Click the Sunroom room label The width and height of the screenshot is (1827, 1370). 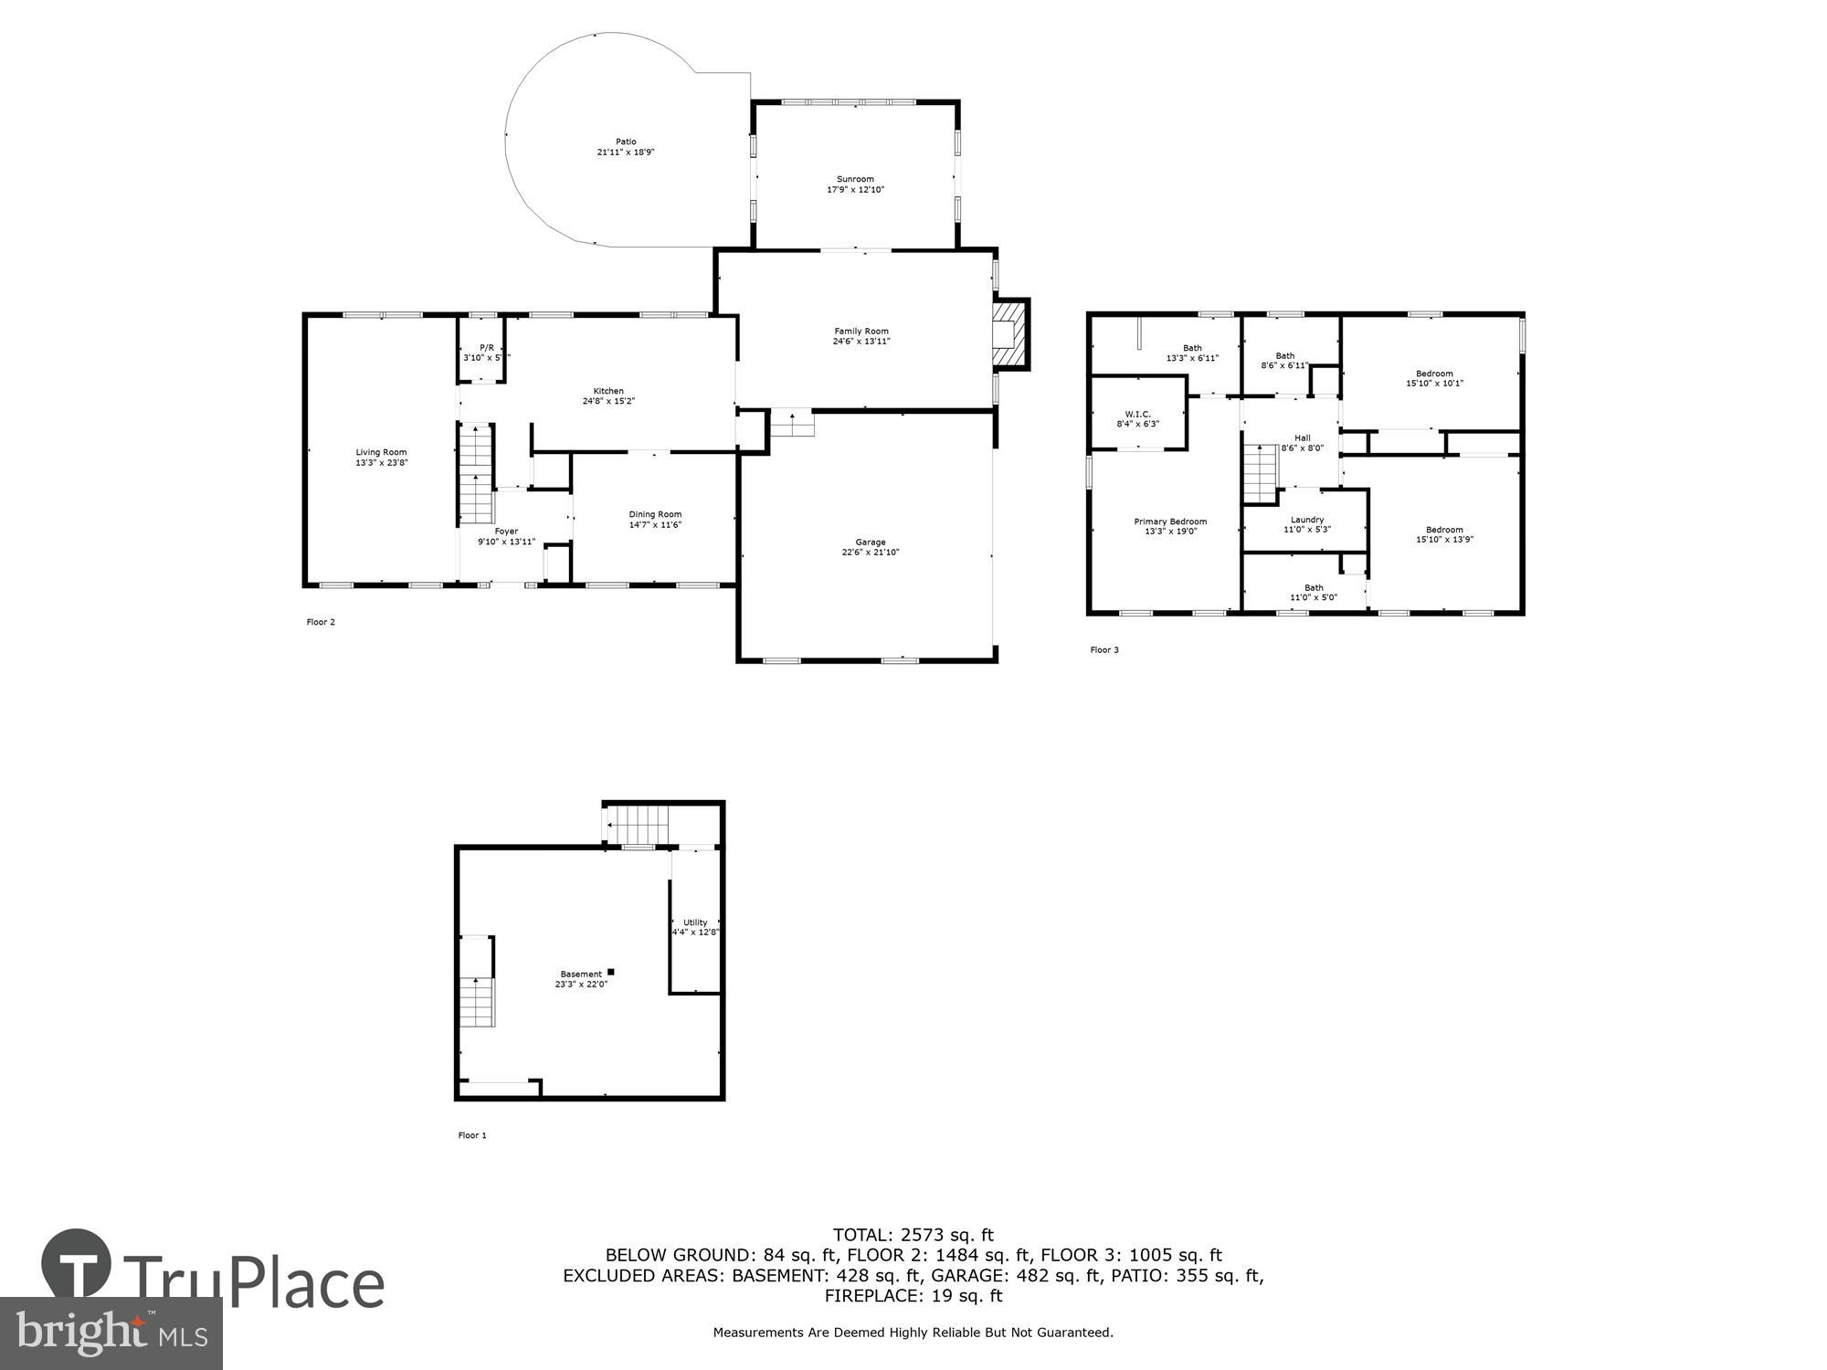pyautogui.click(x=855, y=179)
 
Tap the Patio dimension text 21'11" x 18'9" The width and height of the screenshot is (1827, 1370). pyautogui.click(x=626, y=153)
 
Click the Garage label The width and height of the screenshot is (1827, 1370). pyautogui.click(x=870, y=543)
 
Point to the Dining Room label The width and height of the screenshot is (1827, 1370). pyautogui.click(x=655, y=514)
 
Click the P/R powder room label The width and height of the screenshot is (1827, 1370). pyautogui.click(x=486, y=347)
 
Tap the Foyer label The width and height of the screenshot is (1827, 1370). pyautogui.click(x=506, y=532)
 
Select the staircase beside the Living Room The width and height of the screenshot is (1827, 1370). pyautogui.click(x=476, y=472)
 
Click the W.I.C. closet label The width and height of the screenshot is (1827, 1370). pyautogui.click(x=1137, y=414)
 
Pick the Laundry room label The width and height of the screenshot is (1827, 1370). pyautogui.click(x=1306, y=520)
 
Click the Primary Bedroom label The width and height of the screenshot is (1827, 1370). pyautogui.click(x=1170, y=522)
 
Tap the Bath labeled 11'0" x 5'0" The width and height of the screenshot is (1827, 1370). pyautogui.click(x=1313, y=593)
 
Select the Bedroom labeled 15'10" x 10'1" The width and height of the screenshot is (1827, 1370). pyautogui.click(x=1434, y=378)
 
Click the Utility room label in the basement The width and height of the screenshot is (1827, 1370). pyautogui.click(x=695, y=922)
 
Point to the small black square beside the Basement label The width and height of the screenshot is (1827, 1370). pyautogui.click(x=611, y=972)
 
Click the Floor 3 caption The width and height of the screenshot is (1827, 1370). pyautogui.click(x=1104, y=650)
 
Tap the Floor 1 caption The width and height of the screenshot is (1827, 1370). pyautogui.click(x=472, y=1135)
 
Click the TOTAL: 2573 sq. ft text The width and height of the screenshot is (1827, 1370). pyautogui.click(x=913, y=1236)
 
